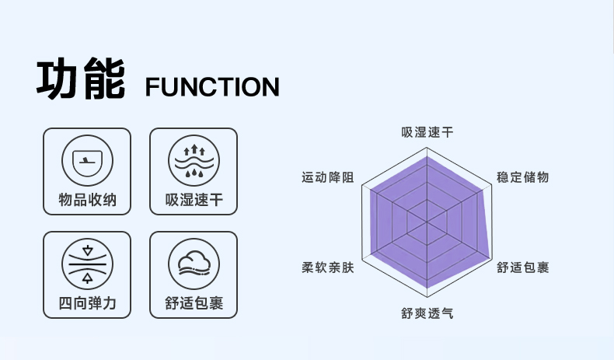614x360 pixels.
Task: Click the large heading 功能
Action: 81,79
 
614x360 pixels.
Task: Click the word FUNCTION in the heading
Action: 212,86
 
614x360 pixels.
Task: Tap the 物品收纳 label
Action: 87,201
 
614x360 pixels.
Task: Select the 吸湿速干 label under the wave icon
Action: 194,201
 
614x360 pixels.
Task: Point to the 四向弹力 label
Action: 87,303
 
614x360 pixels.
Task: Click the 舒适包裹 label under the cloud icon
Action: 194,303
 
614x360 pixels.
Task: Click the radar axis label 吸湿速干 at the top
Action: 427,132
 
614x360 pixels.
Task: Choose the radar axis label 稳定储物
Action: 523,177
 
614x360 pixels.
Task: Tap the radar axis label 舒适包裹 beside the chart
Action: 523,267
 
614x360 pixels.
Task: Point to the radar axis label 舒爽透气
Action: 427,313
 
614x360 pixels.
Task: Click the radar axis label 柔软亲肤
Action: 328,267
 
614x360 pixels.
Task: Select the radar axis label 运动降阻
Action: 328,177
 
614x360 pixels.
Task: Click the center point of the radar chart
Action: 427,222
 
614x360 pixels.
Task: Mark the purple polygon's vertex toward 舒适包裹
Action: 491,257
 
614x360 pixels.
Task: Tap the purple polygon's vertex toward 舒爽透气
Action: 427,287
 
